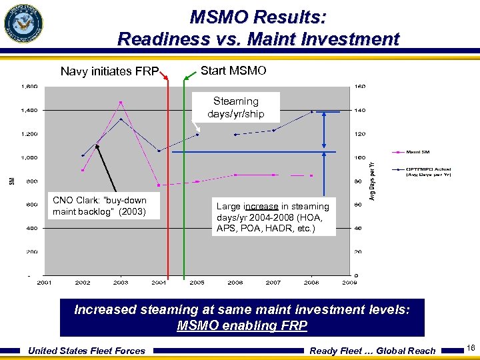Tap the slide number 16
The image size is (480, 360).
pyautogui.click(x=471, y=349)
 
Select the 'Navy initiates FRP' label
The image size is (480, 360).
pyautogui.click(x=109, y=71)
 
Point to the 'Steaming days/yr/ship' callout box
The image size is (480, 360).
pyautogui.click(x=235, y=107)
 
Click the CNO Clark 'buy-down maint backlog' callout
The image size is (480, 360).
pyautogui.click(x=99, y=206)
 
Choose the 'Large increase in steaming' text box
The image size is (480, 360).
pyautogui.click(x=272, y=217)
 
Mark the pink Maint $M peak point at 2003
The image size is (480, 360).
pyautogui.click(x=121, y=102)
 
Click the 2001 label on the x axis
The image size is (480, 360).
pyautogui.click(x=45, y=283)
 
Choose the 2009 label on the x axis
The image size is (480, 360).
pyautogui.click(x=349, y=283)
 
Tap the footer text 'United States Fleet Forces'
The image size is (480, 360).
pyautogui.click(x=87, y=351)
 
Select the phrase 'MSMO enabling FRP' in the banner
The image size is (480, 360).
pyautogui.click(x=242, y=325)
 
